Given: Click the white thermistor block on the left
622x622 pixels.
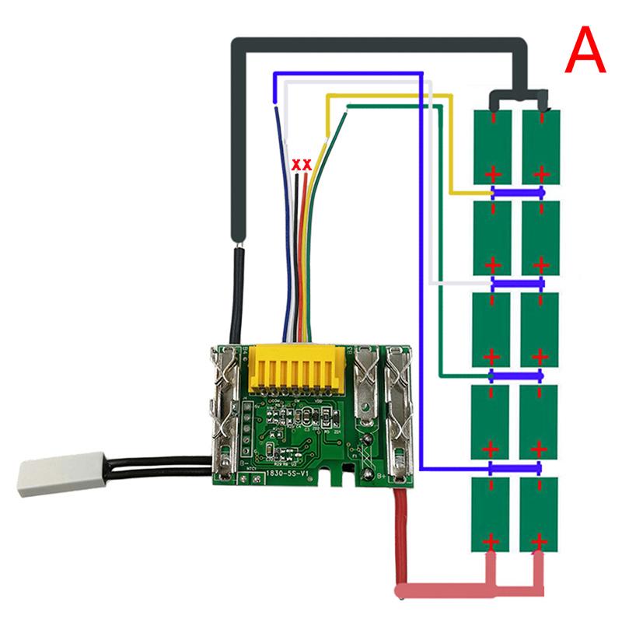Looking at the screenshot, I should [55, 476].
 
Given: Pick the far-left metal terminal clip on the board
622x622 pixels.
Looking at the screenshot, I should [224, 412].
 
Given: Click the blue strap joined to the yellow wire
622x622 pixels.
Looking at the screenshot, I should [516, 192].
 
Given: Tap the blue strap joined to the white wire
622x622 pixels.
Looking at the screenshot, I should [516, 284].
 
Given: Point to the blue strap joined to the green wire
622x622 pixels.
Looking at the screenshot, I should [516, 376].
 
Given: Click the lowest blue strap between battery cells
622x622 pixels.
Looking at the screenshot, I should [516, 468].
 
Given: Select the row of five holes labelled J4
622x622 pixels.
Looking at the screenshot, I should [246, 428].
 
